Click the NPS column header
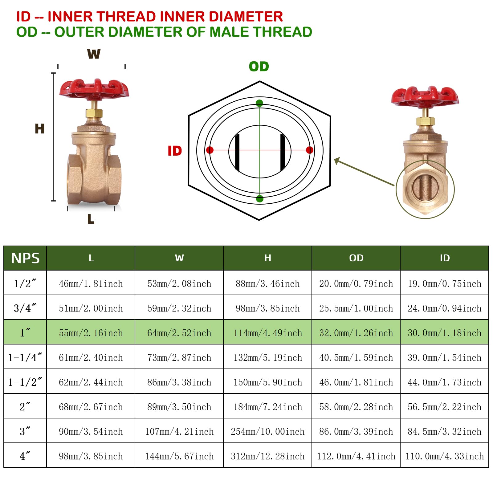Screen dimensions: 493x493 pos(25,258)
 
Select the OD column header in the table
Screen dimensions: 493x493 pos(356,258)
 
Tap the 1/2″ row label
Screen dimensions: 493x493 pos(25,283)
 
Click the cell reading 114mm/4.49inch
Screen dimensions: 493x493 pos(267,333)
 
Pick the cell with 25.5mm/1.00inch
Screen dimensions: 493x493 pos(356,308)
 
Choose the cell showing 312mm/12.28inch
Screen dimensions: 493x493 pos(267,456)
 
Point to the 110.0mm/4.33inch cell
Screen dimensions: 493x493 pos(444,456)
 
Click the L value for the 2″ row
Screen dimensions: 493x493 pos(91,407)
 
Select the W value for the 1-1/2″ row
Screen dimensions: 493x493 pos(179,382)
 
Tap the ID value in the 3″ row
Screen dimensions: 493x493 pos(444,431)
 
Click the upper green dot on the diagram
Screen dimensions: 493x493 pos(259,103)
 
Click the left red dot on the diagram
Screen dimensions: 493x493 pos(210,150)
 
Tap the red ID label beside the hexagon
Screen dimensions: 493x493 pos(175,151)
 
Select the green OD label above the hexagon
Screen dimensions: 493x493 pos(259,67)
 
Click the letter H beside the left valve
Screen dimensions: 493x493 pos(40,129)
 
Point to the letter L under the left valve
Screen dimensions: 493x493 pos(91,219)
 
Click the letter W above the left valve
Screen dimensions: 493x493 pos(94,54)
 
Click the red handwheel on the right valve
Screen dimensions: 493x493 pos(425,96)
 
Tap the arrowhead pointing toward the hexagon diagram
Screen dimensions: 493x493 pos(337,160)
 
